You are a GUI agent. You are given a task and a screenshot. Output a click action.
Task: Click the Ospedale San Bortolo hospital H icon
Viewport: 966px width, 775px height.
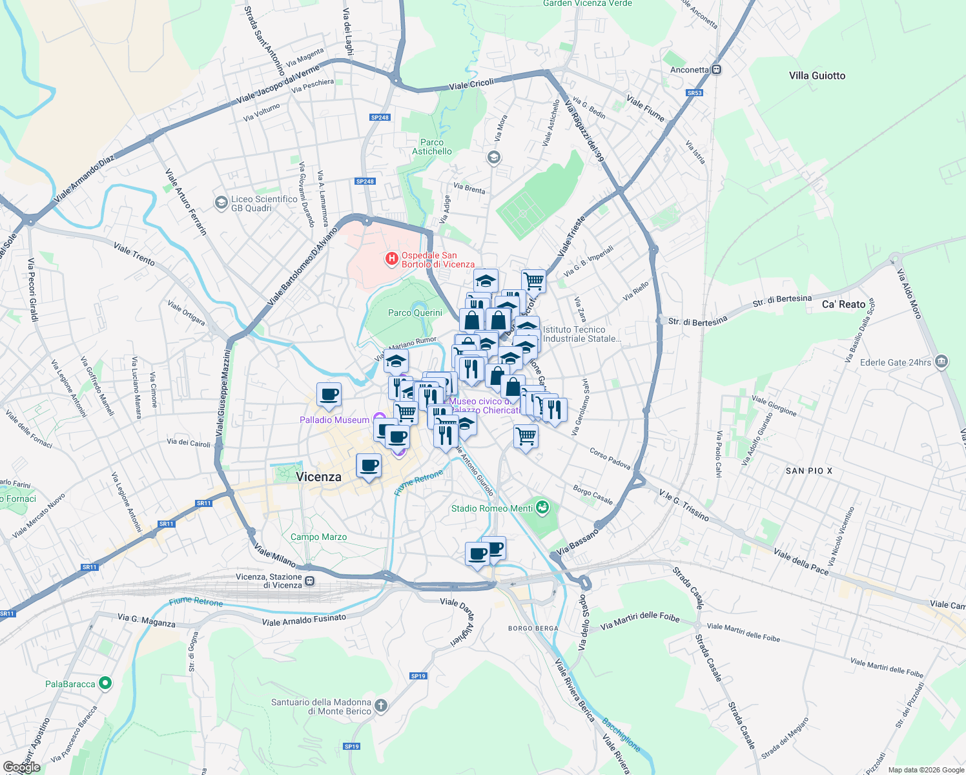click(x=391, y=259)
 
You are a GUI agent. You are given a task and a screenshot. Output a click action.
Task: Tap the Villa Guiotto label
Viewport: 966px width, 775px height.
click(x=817, y=76)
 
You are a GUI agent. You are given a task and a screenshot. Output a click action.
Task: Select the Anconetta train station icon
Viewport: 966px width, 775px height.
click(x=716, y=70)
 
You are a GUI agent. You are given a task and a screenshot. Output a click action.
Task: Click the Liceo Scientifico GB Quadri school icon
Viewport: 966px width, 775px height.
click(x=221, y=203)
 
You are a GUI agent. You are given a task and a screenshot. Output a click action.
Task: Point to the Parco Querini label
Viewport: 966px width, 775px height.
click(x=415, y=313)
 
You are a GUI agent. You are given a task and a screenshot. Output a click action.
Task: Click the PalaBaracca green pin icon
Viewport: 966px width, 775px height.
click(x=105, y=683)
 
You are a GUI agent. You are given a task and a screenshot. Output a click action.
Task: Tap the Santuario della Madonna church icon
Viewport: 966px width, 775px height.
click(x=381, y=706)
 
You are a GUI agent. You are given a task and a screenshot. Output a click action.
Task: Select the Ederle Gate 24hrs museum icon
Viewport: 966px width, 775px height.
click(x=941, y=362)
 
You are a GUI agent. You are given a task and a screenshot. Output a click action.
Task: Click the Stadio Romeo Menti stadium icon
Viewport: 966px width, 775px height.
click(x=542, y=508)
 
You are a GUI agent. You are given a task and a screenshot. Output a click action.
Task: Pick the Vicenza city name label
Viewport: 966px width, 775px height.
click(x=318, y=477)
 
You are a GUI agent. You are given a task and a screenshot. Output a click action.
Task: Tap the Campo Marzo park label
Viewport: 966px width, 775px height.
click(x=318, y=537)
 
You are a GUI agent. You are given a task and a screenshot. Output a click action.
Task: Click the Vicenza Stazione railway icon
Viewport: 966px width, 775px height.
click(x=310, y=581)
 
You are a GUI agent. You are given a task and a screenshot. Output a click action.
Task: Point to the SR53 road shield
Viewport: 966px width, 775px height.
click(x=694, y=93)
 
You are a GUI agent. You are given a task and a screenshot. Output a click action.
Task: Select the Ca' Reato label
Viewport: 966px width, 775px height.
click(x=843, y=304)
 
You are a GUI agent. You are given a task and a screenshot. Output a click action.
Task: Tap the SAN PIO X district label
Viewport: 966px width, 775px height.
click(x=808, y=471)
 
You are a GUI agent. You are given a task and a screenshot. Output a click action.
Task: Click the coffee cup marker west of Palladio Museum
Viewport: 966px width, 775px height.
click(x=329, y=394)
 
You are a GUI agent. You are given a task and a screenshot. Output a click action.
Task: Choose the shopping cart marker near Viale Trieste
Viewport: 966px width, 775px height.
click(x=533, y=280)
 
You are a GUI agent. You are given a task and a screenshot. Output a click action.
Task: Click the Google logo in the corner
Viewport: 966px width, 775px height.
click(x=21, y=767)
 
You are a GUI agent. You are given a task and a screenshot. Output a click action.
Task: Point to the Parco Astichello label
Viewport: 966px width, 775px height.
click(x=432, y=147)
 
